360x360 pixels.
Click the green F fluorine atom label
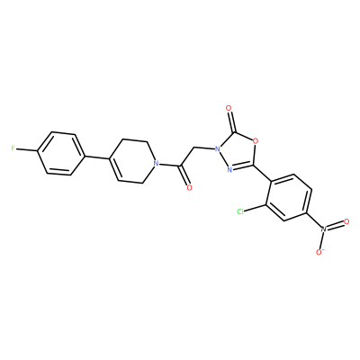click(13, 148)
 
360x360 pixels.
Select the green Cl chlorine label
click(240, 211)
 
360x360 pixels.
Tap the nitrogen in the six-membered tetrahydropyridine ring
click(156, 164)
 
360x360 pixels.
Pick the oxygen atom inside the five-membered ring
click(256, 140)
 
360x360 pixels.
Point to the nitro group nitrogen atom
click(323, 229)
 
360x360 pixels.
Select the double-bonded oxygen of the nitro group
click(346, 221)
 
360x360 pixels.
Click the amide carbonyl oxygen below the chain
click(189, 188)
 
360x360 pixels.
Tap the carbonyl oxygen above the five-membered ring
click(229, 107)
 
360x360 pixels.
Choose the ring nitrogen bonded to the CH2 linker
click(219, 148)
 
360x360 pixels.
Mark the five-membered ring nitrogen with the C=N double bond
click(229, 170)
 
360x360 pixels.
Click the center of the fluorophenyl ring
click(60, 153)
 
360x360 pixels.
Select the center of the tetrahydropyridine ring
click(132, 160)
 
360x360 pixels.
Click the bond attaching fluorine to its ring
click(27, 149)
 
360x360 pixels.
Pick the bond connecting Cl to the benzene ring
click(255, 209)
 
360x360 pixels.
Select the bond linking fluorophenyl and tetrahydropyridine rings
click(96, 157)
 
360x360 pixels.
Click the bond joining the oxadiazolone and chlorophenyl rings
click(263, 173)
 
